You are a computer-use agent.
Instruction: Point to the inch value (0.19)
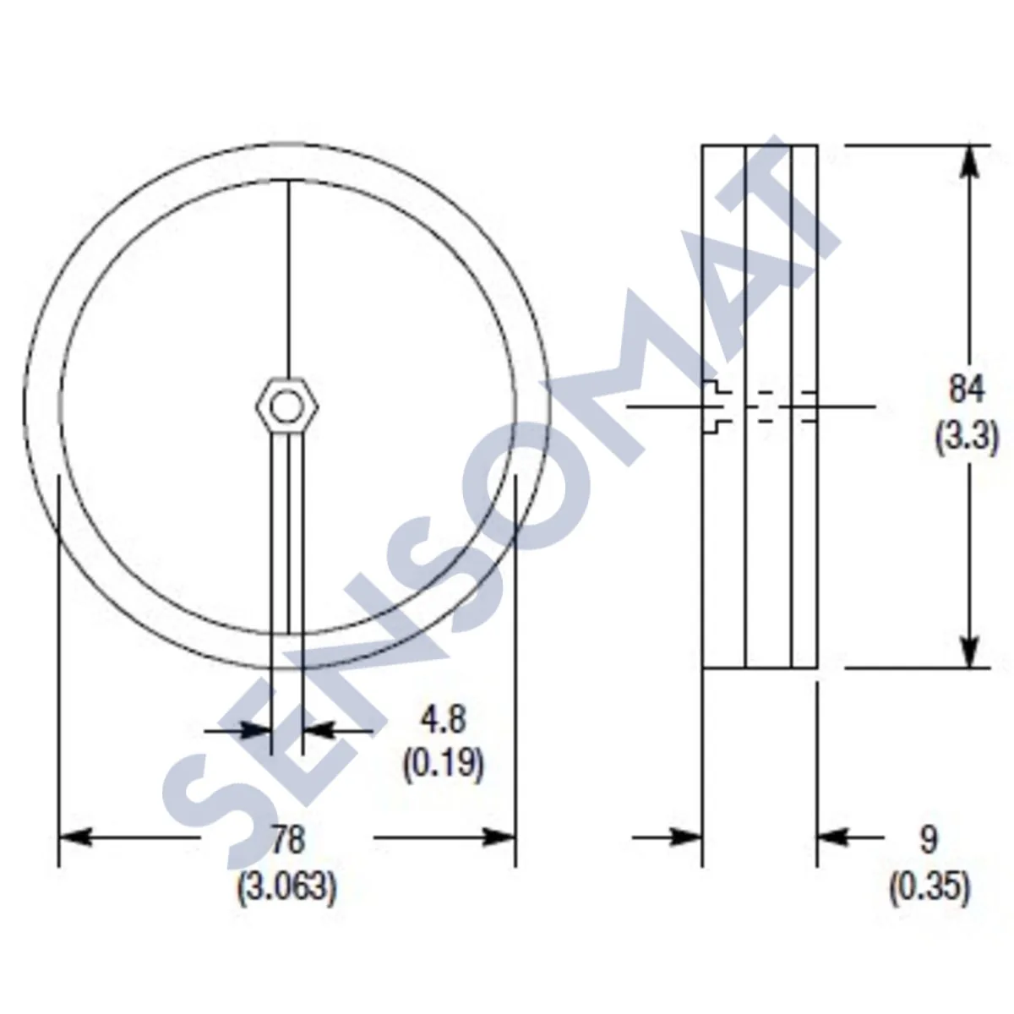(443, 765)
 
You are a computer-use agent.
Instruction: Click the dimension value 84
(967, 390)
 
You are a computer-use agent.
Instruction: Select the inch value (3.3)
(967, 439)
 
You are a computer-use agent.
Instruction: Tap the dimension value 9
(929, 840)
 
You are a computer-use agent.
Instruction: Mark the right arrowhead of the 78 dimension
(499, 837)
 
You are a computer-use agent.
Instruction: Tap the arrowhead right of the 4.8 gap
(318, 730)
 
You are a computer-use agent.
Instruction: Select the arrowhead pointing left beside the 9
(833, 837)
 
